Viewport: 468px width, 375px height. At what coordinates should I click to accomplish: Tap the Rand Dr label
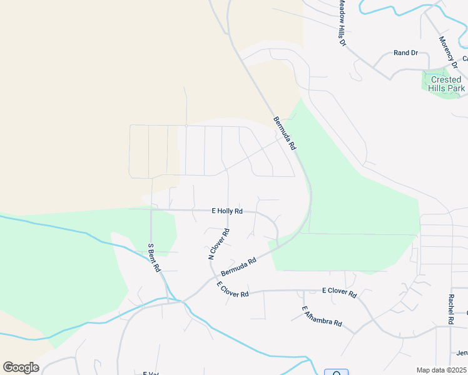coord(405,53)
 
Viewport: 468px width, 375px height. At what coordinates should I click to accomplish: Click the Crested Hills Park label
coord(446,84)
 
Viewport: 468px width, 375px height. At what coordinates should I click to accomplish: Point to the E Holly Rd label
coord(227,211)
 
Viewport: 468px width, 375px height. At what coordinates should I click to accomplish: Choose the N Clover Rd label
coord(219,244)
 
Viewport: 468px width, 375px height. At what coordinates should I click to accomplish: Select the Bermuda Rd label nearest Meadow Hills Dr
coord(284,132)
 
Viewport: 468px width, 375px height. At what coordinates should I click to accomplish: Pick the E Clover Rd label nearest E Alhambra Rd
coord(339,292)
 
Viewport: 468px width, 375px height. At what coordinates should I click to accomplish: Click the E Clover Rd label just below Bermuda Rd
coord(233,289)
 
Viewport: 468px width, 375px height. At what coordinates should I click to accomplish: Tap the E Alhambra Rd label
coord(322,316)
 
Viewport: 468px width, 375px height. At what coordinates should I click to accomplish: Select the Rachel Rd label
coord(450,309)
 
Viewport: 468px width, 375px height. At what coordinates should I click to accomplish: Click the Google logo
coord(21,367)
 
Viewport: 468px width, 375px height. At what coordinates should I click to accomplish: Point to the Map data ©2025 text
coord(441,370)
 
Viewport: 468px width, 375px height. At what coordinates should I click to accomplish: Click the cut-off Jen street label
coord(462,352)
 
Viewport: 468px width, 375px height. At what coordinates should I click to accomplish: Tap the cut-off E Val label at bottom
coord(150,373)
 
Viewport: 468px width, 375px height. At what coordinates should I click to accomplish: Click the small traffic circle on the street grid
coord(186,126)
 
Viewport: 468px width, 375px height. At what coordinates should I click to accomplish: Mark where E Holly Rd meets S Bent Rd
coord(151,209)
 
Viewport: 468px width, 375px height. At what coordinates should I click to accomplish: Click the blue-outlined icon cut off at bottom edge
coord(336,372)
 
